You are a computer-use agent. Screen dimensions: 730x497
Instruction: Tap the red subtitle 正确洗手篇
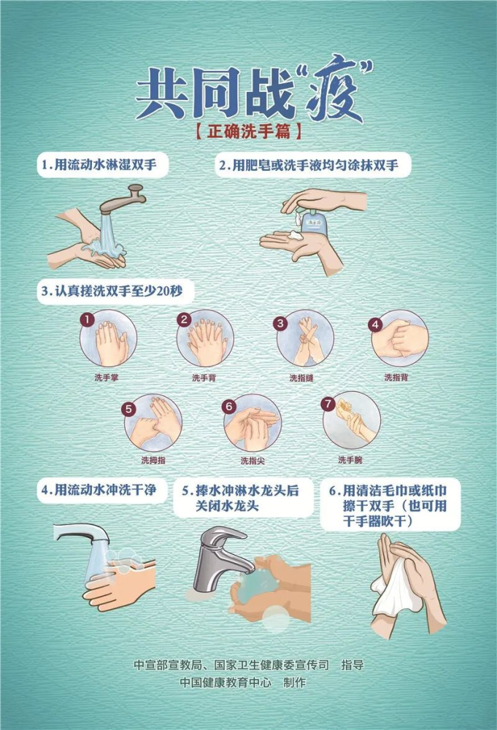248,134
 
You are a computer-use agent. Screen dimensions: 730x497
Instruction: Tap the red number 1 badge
87,320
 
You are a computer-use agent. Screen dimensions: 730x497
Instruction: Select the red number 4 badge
375,325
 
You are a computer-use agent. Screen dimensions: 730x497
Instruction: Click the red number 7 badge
328,403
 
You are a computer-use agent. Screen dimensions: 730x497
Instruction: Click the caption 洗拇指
153,460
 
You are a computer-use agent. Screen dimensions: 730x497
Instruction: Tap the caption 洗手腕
349,460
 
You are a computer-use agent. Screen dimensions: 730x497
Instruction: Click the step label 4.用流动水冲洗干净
99,490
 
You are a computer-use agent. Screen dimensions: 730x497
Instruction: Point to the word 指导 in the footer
352,665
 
